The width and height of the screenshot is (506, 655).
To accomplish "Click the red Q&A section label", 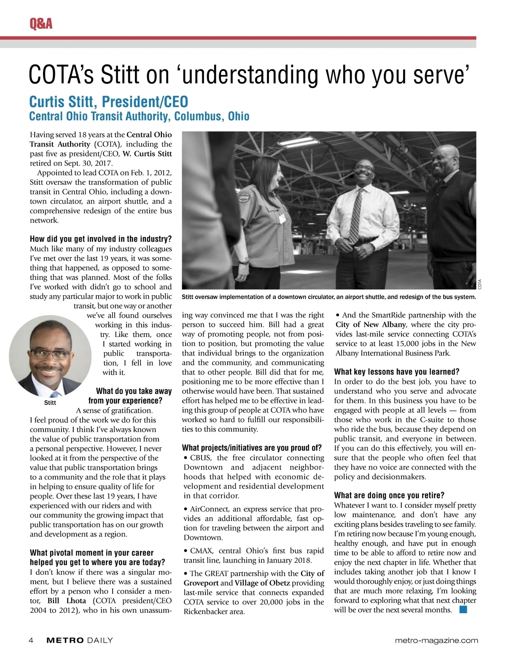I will [x=41, y=24].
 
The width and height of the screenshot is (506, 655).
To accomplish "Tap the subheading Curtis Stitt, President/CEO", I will [x=108, y=102].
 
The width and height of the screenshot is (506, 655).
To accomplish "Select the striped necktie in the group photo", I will [x=356, y=211].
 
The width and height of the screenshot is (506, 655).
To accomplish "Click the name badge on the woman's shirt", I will [x=281, y=218].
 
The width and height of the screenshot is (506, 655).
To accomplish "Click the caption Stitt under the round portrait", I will [x=50, y=403].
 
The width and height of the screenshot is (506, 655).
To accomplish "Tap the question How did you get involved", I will [x=100, y=239].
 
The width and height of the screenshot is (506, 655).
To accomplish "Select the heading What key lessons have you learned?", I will [x=396, y=372].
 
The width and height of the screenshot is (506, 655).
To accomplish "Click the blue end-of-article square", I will [x=463, y=609].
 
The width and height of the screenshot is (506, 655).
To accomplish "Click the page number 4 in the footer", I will [x=31, y=640].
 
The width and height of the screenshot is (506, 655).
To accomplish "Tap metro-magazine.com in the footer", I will [x=436, y=640].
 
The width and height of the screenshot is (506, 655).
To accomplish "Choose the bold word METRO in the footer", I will [x=65, y=640].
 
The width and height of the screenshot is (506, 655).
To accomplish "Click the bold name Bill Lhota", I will [x=67, y=601].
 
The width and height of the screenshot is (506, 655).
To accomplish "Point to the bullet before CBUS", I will [x=186, y=458].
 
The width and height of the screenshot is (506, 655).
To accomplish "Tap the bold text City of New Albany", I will [x=371, y=325].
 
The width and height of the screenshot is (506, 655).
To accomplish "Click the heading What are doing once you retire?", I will [x=389, y=495].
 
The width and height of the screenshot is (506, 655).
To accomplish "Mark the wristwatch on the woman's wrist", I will [x=243, y=261].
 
